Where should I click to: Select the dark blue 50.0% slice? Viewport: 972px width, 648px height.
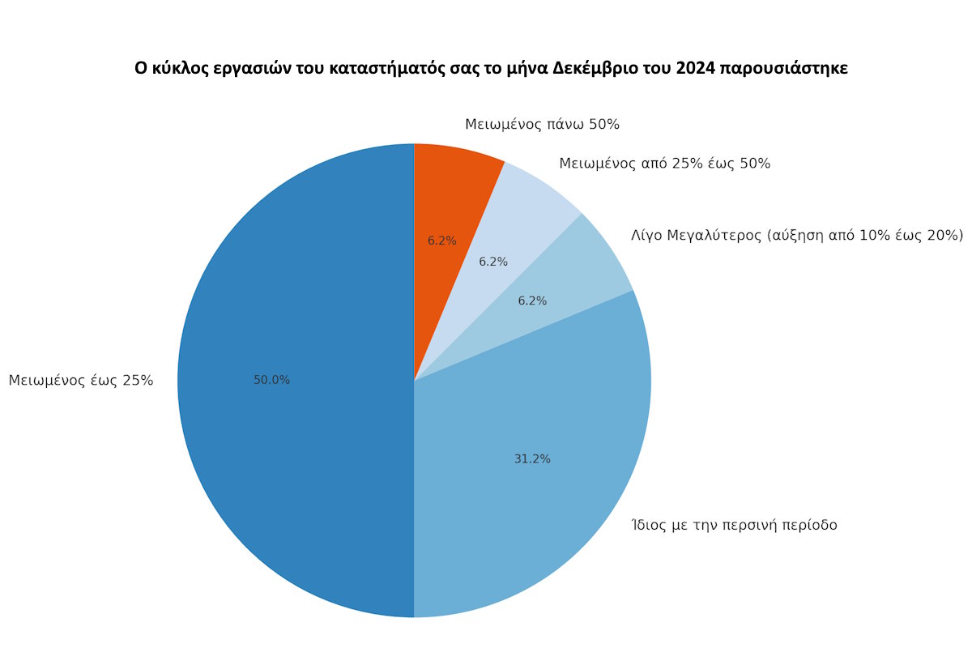[x=300, y=405]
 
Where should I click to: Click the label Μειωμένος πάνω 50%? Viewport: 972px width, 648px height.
[x=542, y=125]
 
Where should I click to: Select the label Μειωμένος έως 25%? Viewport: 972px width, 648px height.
[x=81, y=381]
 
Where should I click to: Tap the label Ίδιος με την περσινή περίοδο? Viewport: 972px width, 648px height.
[x=734, y=526]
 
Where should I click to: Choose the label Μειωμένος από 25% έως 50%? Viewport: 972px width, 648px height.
[x=664, y=164]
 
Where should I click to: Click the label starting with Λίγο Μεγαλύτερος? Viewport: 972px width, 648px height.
[x=797, y=236]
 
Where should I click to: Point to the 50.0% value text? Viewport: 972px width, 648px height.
[x=271, y=380]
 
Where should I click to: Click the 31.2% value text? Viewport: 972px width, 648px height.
[x=532, y=459]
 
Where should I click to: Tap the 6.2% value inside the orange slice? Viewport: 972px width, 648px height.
[x=442, y=241]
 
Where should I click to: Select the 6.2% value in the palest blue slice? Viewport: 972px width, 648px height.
[x=493, y=262]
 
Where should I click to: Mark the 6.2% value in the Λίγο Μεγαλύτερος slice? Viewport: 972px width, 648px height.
[x=532, y=301]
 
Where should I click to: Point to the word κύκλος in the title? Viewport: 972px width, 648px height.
[x=175, y=69]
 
